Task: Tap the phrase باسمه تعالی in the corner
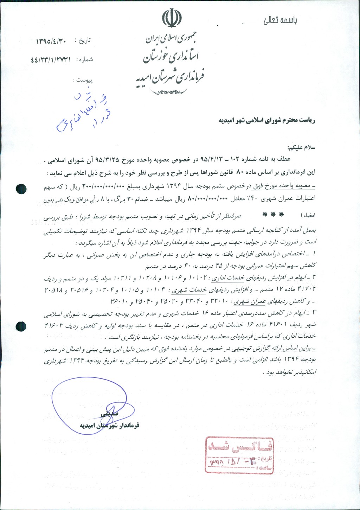point(280,20)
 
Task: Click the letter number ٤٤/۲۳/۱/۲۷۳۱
point(51,60)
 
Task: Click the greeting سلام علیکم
point(302,147)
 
